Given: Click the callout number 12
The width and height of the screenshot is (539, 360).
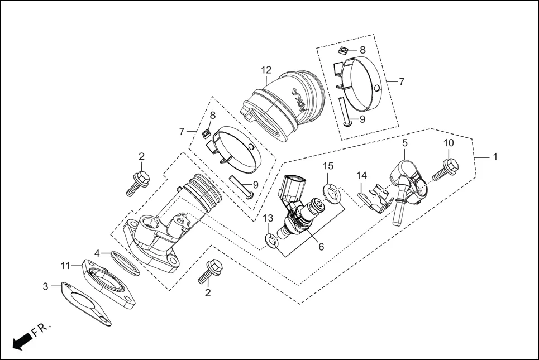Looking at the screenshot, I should [x=266, y=70].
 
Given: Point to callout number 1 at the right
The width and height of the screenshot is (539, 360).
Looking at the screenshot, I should [x=494, y=157].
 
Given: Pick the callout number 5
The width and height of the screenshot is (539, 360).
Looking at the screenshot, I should [x=405, y=143].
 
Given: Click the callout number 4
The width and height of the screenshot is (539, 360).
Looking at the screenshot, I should [x=97, y=253].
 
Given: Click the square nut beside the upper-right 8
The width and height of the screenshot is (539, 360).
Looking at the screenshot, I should [x=344, y=51].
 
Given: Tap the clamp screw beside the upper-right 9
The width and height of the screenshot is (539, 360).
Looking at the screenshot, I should [x=344, y=112].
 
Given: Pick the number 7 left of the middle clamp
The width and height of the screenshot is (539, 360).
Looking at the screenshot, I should [x=182, y=132].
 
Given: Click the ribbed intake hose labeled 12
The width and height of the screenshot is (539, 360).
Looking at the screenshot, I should [x=285, y=103].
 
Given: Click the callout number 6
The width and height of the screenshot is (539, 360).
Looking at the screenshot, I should [x=321, y=246].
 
